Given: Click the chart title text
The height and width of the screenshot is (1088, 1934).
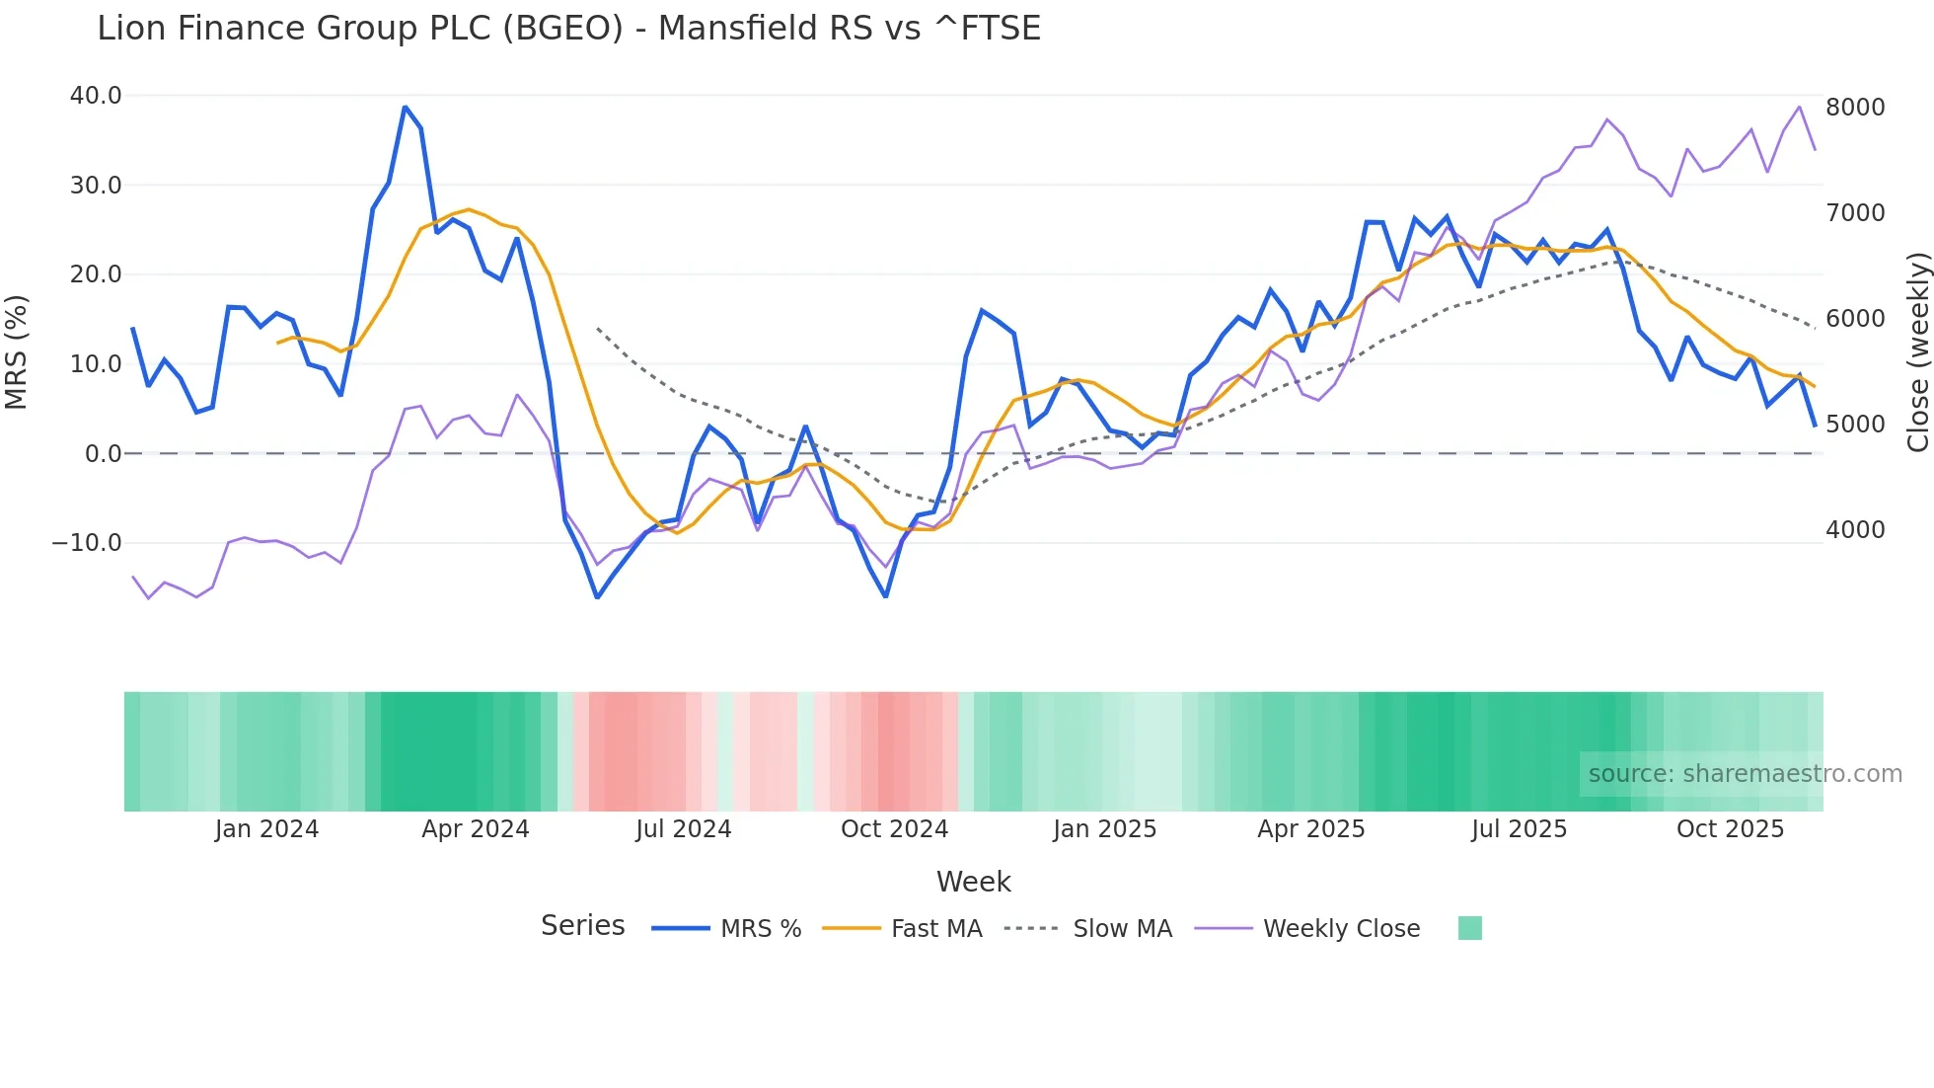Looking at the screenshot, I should pyautogui.click(x=568, y=29).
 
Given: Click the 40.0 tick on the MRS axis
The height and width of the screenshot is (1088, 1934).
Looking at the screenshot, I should pyautogui.click(x=96, y=96).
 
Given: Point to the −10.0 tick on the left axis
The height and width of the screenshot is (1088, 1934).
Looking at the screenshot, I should pyautogui.click(x=87, y=543).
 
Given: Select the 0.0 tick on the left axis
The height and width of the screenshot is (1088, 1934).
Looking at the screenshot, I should pyautogui.click(x=103, y=454).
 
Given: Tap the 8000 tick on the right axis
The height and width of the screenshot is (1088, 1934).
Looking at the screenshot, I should pyautogui.click(x=1855, y=107).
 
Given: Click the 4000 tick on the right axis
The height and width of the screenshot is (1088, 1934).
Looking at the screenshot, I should pyautogui.click(x=1855, y=530).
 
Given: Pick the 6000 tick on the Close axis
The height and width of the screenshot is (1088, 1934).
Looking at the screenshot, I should pyautogui.click(x=1855, y=319).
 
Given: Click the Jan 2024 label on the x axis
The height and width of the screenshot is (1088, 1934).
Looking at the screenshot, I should pyautogui.click(x=266, y=829).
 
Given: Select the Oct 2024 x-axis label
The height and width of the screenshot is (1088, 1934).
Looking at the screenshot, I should pyautogui.click(x=894, y=829).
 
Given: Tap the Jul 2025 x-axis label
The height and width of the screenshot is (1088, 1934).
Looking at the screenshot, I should pyautogui.click(x=1519, y=829).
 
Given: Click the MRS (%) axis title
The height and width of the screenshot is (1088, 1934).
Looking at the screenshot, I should pyautogui.click(x=17, y=352).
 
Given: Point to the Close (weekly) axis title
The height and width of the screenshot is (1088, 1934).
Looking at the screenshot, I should pyautogui.click(x=1917, y=352).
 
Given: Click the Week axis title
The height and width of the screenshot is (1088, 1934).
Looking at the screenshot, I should pyautogui.click(x=973, y=882).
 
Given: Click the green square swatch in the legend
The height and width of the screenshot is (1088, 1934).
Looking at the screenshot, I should pyautogui.click(x=1469, y=928).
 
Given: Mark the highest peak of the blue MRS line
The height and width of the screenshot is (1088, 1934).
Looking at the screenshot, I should pyautogui.click(x=405, y=107).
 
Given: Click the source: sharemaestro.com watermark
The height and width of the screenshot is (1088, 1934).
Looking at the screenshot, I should pyautogui.click(x=1745, y=774).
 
